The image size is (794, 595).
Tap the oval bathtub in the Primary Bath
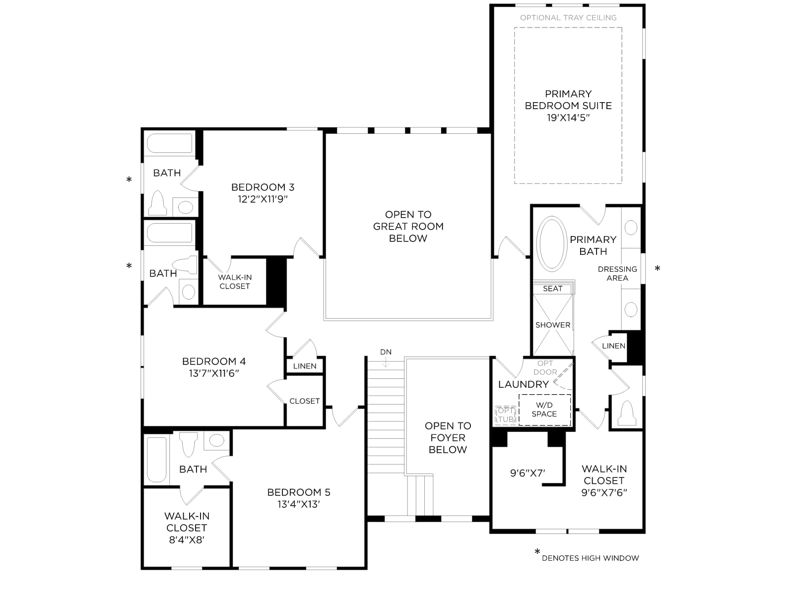pyautogui.click(x=551, y=244)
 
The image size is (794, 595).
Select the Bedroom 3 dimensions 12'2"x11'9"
pyautogui.click(x=263, y=199)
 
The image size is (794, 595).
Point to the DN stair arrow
pyautogui.click(x=386, y=361)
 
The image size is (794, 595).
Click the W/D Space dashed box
pyautogui.click(x=545, y=410)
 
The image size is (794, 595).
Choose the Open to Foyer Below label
pyautogui.click(x=448, y=437)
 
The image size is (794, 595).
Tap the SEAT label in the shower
pyautogui.click(x=552, y=289)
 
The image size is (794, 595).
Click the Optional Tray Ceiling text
pyautogui.click(x=568, y=18)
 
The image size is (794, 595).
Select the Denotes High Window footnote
pyautogui.click(x=590, y=558)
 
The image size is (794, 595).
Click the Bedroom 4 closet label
pyautogui.click(x=305, y=401)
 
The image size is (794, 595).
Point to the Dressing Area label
pyautogui.click(x=617, y=274)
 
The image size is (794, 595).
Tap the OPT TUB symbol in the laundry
pyautogui.click(x=505, y=415)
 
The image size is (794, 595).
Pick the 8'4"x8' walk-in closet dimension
pyautogui.click(x=187, y=540)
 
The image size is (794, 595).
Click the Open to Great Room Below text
pyautogui.click(x=408, y=227)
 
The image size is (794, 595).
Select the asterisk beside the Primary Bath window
pyautogui.click(x=657, y=268)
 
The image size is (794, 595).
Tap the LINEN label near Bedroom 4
pyautogui.click(x=305, y=366)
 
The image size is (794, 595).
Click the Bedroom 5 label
pyautogui.click(x=299, y=492)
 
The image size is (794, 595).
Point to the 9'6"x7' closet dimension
pyautogui.click(x=528, y=473)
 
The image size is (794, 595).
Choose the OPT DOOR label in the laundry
pyautogui.click(x=545, y=367)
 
